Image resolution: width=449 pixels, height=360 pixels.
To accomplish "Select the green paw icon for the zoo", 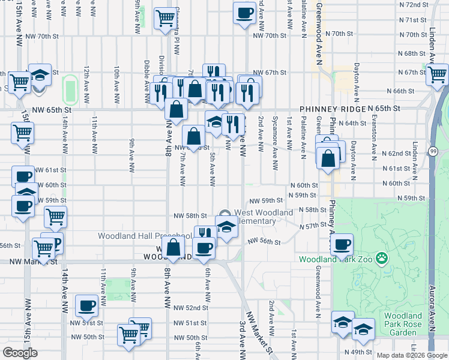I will [x=381, y=259].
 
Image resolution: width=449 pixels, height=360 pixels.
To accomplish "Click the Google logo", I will [x=20, y=352].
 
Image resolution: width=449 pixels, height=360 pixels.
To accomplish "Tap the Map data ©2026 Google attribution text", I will [x=412, y=355].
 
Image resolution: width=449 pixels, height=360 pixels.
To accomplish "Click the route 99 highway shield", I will [x=433, y=152].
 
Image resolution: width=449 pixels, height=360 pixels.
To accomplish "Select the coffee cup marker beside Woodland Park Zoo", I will [x=342, y=244].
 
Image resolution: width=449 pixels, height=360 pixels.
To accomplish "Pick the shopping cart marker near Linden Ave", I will [x=437, y=74].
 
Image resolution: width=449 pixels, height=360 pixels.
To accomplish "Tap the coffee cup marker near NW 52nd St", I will [x=86, y=306].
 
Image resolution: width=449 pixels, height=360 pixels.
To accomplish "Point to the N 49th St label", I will [x=357, y=352].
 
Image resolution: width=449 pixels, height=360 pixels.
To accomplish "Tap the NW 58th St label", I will [x=190, y=215].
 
